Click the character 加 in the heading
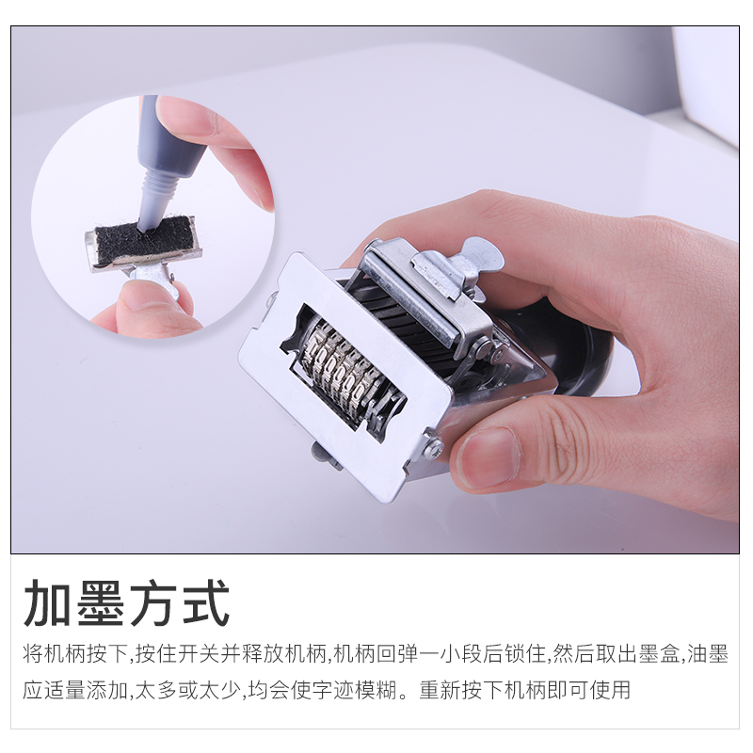[48, 602]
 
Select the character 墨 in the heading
[100, 602]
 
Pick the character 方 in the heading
[152, 602]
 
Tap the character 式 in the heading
[203, 602]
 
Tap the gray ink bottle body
[169, 139]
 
